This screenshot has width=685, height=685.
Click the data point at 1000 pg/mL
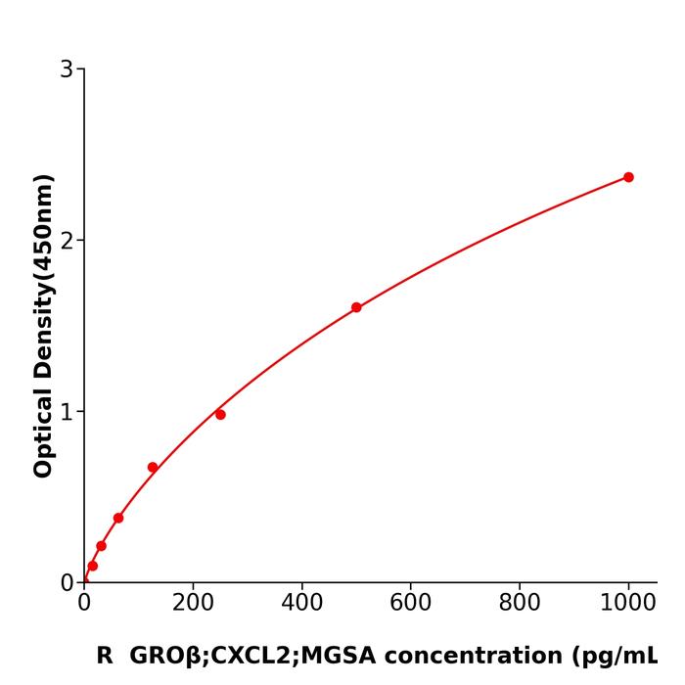[x=628, y=177]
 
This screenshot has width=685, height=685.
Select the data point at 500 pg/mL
[x=356, y=307]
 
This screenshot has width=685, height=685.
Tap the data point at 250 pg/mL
[x=220, y=415]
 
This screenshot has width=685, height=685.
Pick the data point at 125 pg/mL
[x=153, y=468]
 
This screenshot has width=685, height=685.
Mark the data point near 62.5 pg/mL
[x=118, y=518]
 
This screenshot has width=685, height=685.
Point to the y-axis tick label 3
[x=67, y=69]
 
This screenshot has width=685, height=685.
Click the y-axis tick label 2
[x=67, y=241]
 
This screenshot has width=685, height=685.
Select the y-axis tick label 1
[x=67, y=412]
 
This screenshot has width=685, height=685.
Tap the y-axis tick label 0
[x=67, y=583]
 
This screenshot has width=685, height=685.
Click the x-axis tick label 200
[x=193, y=604]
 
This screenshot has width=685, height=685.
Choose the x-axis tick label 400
[x=301, y=604]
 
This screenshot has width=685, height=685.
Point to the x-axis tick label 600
[x=410, y=604]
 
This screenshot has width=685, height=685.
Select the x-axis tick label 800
[x=519, y=604]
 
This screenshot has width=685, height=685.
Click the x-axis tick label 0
[x=84, y=604]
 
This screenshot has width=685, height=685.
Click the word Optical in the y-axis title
[x=43, y=430]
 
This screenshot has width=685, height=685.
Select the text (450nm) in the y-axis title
[x=43, y=226]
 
